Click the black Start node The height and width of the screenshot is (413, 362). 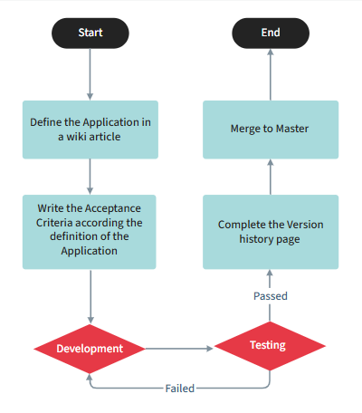tap(90, 34)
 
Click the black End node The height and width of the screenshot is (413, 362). tap(271, 34)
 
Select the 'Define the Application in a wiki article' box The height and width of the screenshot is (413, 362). tap(90, 129)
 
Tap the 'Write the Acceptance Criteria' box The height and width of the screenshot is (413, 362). tap(90, 231)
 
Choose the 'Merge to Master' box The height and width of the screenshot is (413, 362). tap(271, 129)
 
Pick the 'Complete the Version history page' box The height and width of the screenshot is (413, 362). tap(271, 231)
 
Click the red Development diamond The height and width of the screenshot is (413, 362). tap(90, 348)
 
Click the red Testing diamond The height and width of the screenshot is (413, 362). tap(268, 346)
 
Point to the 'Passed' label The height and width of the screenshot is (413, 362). tap(271, 296)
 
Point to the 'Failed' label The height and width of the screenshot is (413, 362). tap(180, 388)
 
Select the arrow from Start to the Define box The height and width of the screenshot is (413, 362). tap(90, 74)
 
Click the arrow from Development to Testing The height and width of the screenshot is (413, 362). tap(178, 348)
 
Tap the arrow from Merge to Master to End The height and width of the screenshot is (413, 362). tap(271, 74)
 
